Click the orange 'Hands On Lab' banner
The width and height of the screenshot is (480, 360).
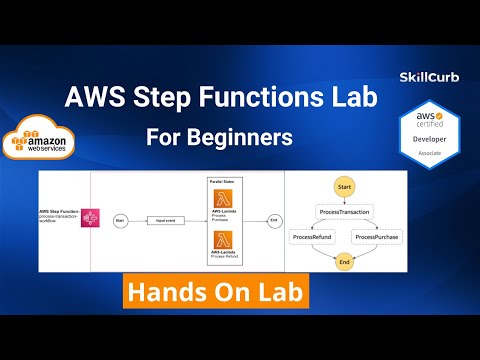point(216,294)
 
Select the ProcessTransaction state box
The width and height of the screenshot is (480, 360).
point(344,212)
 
